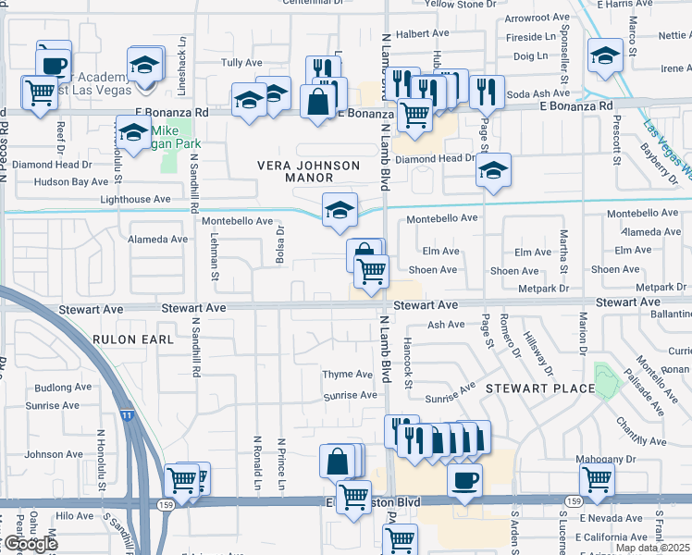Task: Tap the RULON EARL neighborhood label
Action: coord(133,339)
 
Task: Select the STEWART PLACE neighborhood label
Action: coord(540,388)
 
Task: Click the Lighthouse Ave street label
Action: coord(135,199)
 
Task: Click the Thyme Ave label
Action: coord(347,375)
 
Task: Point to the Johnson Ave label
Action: coord(54,454)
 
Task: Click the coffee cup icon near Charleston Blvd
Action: coord(464,479)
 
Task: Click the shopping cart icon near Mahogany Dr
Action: coord(597,479)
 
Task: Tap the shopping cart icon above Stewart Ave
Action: coord(371,271)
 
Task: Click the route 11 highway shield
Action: coord(125,416)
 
